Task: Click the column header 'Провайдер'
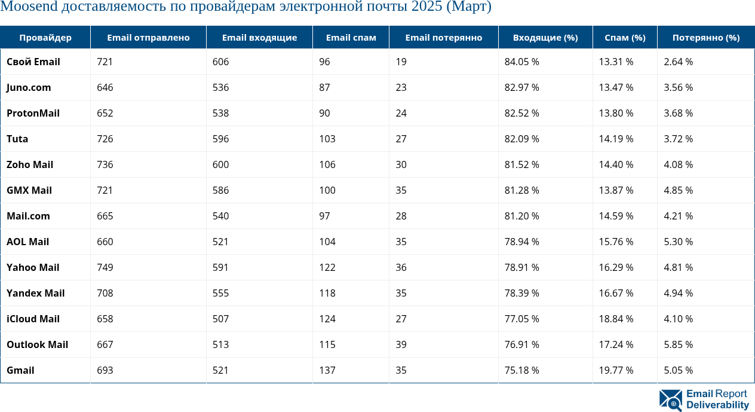click(x=45, y=38)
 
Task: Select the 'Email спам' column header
click(x=351, y=38)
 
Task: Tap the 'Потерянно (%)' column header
click(x=705, y=38)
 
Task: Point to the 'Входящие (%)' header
click(x=545, y=38)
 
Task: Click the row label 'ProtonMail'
click(x=33, y=113)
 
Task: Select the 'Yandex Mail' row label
click(x=35, y=293)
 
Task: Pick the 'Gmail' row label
click(x=20, y=370)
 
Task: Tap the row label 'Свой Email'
click(x=33, y=62)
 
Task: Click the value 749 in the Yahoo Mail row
click(x=105, y=267)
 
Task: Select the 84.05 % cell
click(x=521, y=62)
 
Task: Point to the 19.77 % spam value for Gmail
click(x=616, y=370)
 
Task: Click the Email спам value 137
click(x=327, y=370)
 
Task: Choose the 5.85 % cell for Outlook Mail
click(x=678, y=344)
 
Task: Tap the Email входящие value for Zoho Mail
click(x=220, y=164)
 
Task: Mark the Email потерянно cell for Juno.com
click(x=401, y=87)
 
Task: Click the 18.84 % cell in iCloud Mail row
click(x=616, y=319)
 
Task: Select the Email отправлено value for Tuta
click(x=105, y=139)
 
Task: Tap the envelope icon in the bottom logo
click(x=671, y=400)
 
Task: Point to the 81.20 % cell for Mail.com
click(x=521, y=216)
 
